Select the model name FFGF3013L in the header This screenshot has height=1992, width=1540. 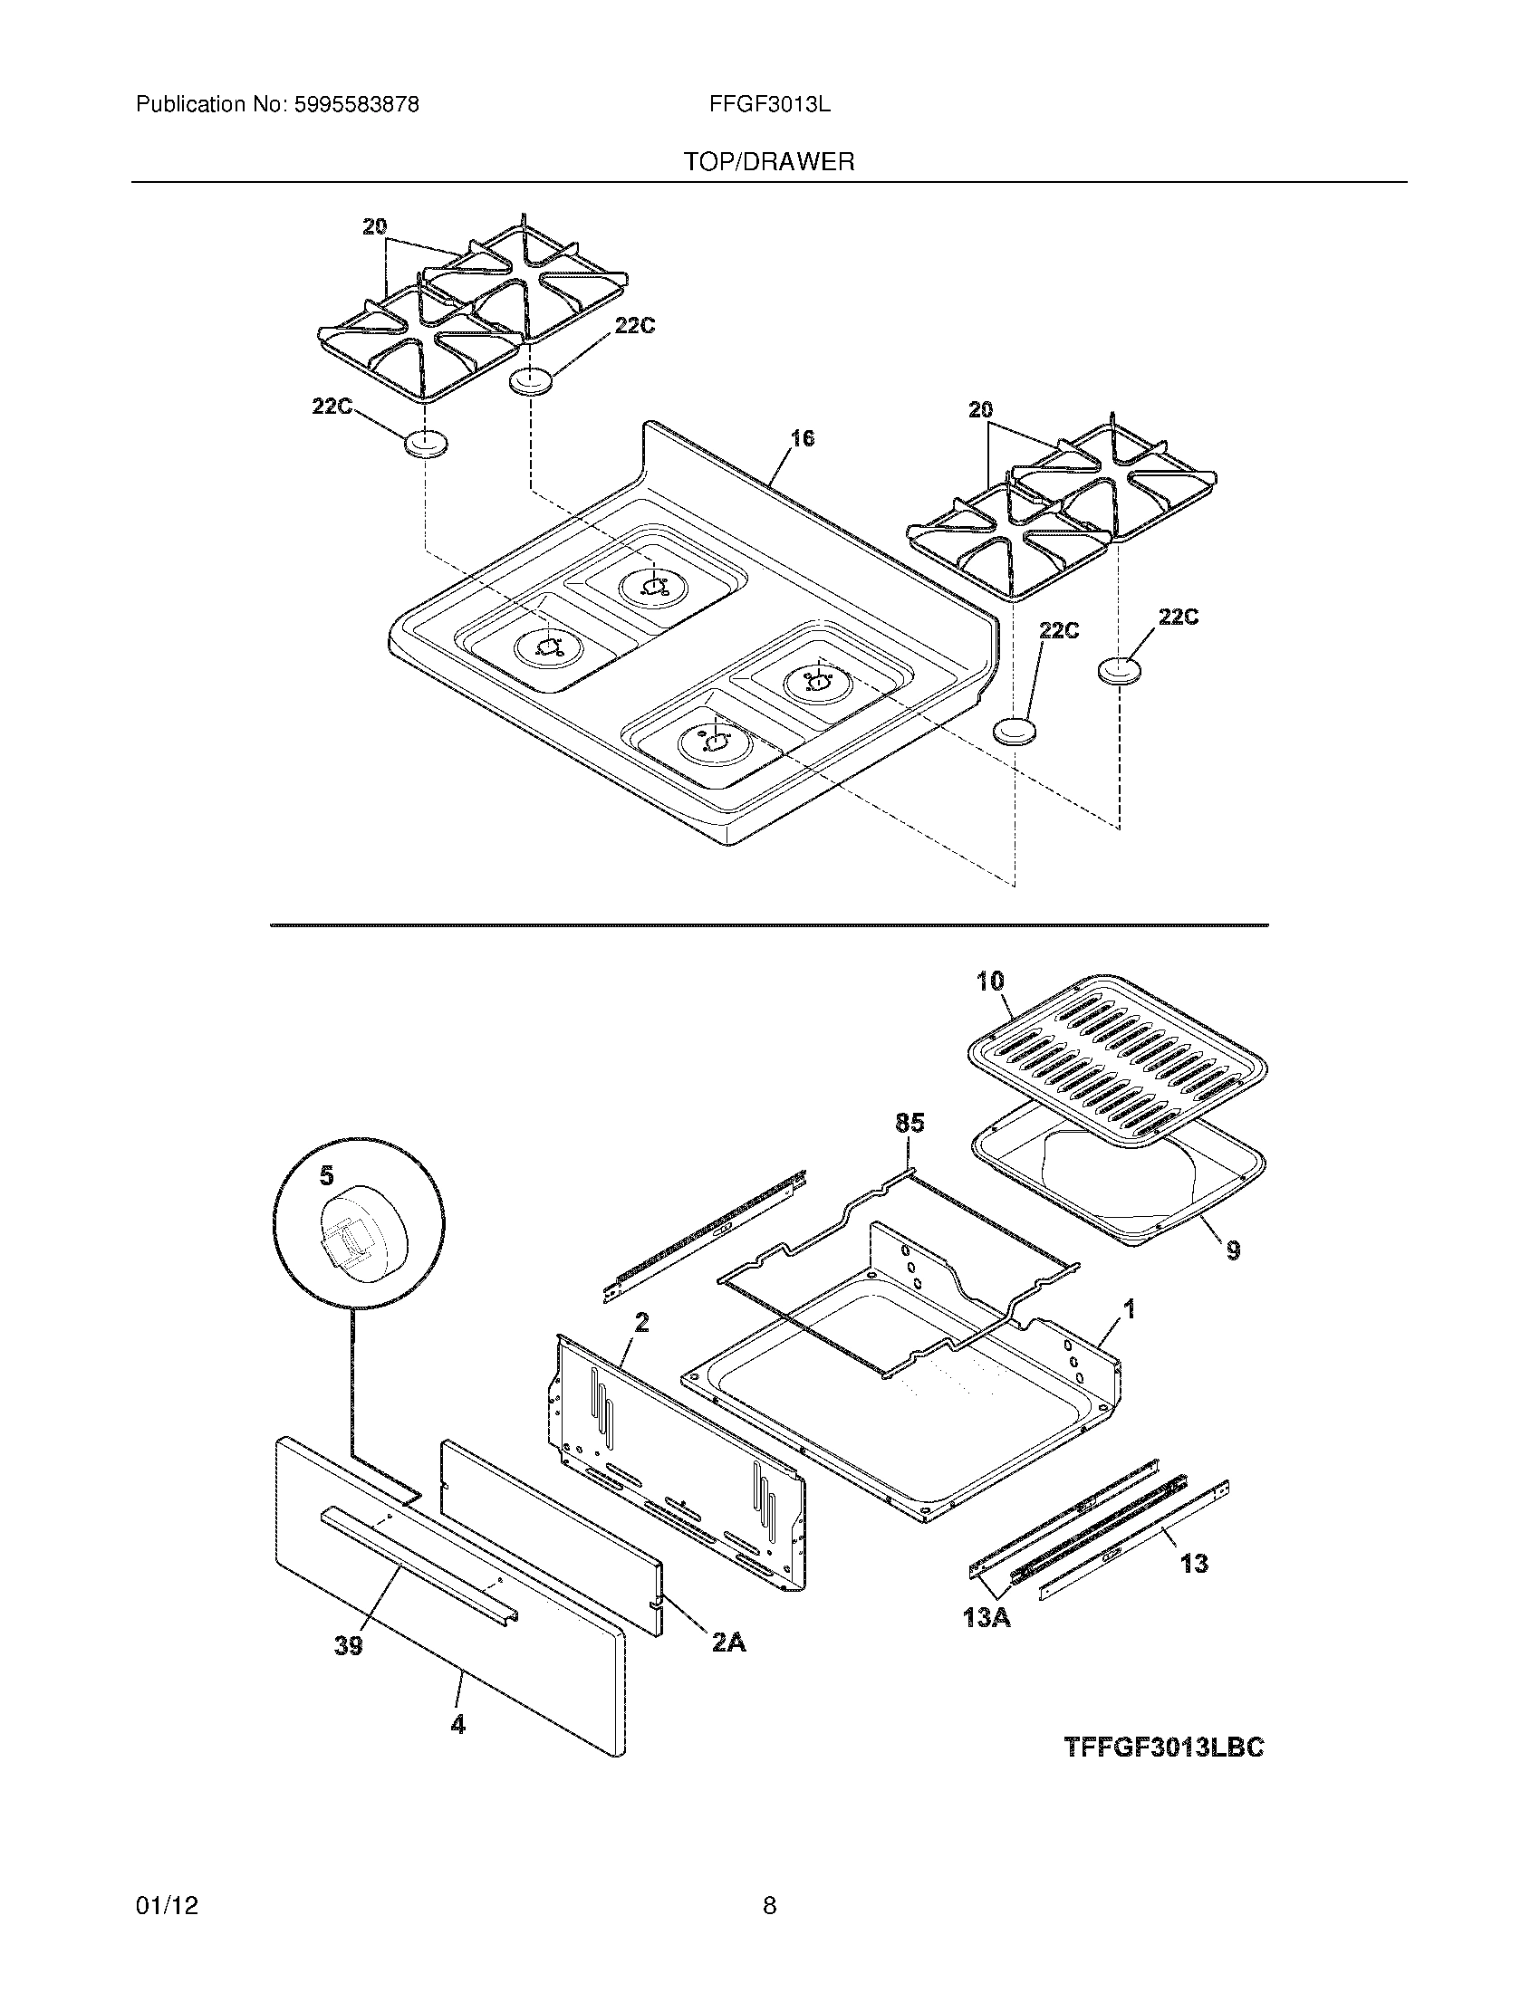tap(769, 105)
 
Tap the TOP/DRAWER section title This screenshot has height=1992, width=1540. tap(769, 162)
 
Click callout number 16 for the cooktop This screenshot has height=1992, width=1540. tap(801, 439)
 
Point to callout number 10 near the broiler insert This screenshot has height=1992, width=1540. tap(990, 982)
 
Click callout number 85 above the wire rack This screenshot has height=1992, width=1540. tap(910, 1123)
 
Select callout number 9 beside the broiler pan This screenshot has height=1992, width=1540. tap(1233, 1250)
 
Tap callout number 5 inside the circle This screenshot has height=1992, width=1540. tap(326, 1176)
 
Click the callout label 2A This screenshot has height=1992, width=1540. tap(728, 1642)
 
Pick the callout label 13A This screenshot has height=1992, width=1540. tap(987, 1618)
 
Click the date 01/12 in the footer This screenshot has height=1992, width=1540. tap(167, 1881)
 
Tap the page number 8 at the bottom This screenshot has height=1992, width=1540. tap(769, 1881)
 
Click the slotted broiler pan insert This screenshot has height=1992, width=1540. tap(1118, 1058)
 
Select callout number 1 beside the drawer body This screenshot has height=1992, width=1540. tap(1129, 1310)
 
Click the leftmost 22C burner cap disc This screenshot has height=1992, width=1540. tap(426, 445)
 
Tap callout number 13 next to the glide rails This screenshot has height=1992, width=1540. tap(1193, 1564)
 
